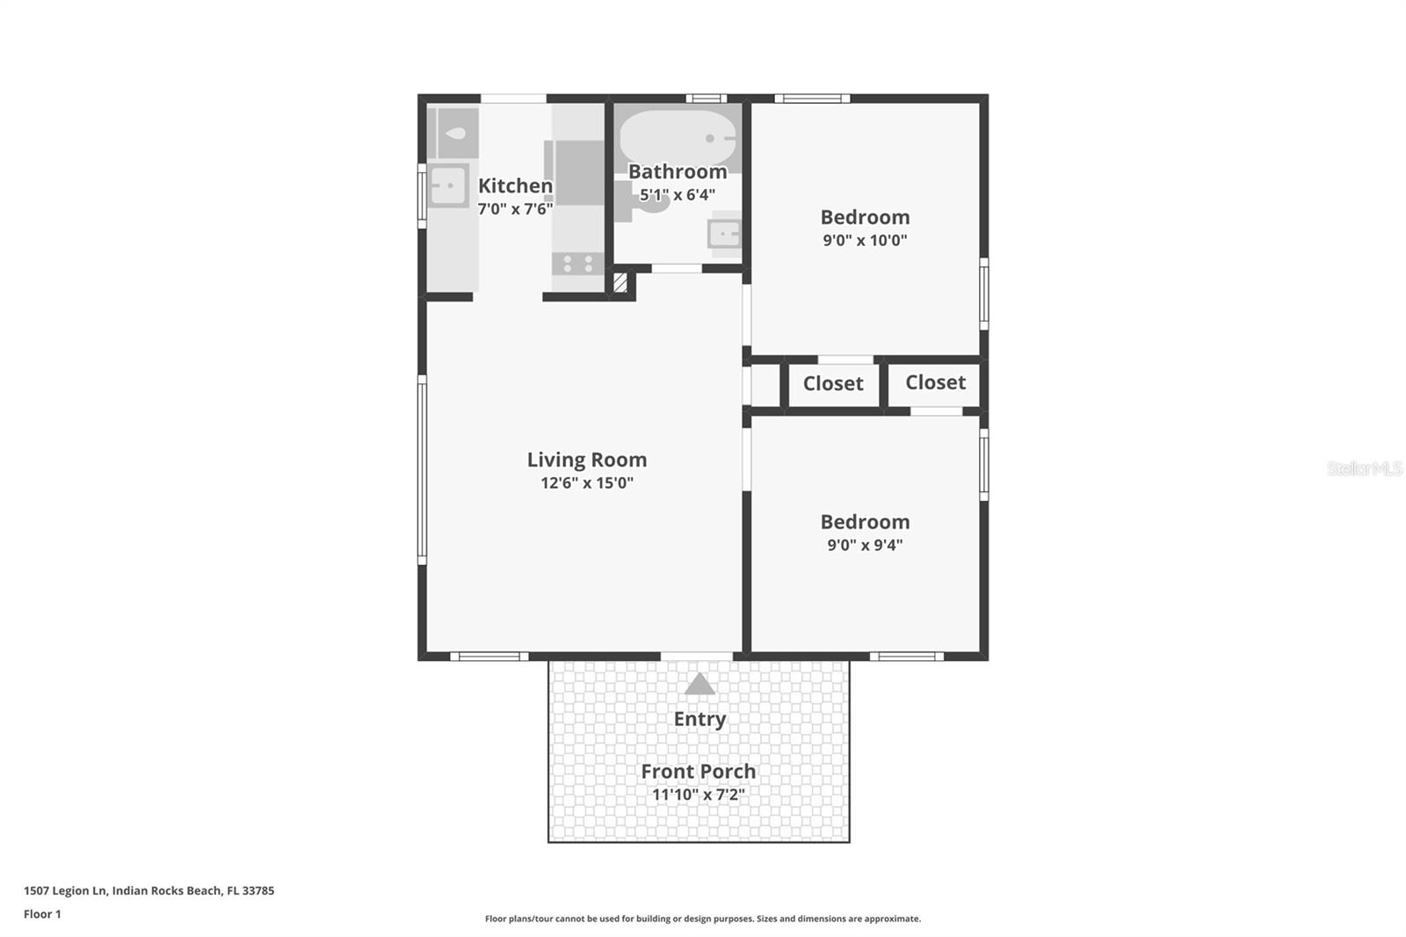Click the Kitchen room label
tap(515, 185)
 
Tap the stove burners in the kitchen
tap(577, 263)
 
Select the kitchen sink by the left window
tap(448, 186)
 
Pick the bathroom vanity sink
tap(725, 234)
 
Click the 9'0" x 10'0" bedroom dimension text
tap(865, 240)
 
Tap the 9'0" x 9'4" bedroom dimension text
tap(865, 545)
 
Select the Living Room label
tap(587, 460)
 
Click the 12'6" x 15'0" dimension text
tap(587, 483)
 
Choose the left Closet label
tap(833, 383)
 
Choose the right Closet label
tap(935, 382)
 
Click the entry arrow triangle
tap(699, 685)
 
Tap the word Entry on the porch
tap(699, 719)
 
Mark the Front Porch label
tap(698, 772)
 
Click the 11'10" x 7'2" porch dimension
tap(698, 795)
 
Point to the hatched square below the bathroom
tap(620, 283)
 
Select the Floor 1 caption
tap(42, 914)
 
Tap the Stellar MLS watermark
tap(1364, 468)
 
